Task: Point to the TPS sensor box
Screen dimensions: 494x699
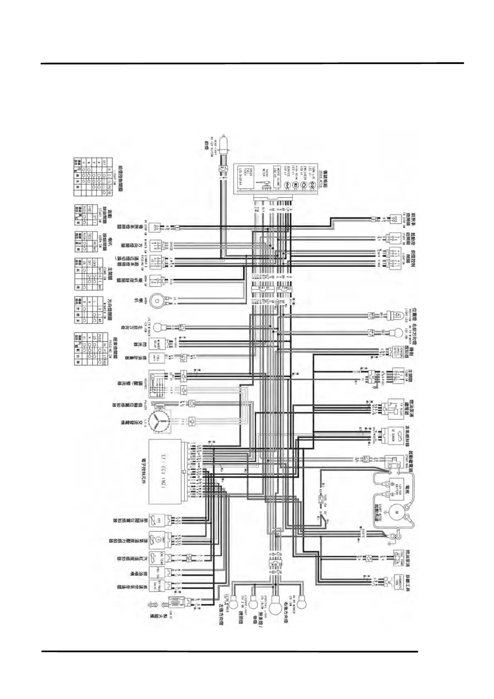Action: pos(157,519)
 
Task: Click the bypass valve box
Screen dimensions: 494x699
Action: pos(157,586)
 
